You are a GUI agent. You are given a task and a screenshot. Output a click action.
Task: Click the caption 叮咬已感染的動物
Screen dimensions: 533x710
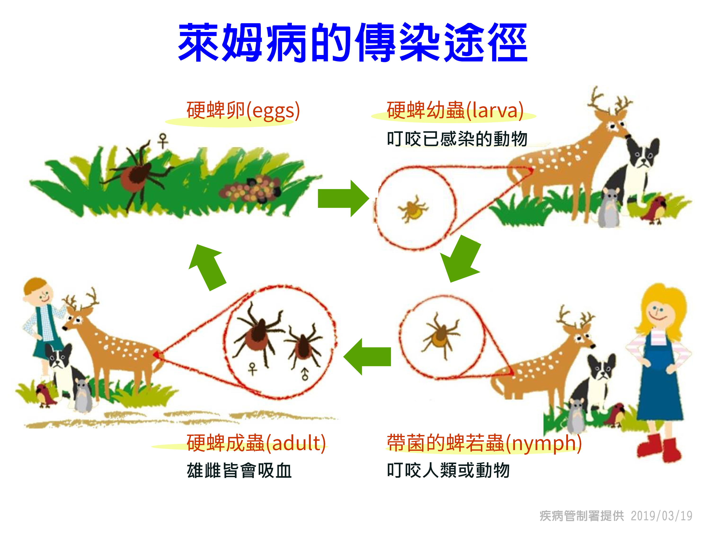click(457, 139)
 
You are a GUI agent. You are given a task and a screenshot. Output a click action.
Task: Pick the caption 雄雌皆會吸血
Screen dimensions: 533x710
click(239, 471)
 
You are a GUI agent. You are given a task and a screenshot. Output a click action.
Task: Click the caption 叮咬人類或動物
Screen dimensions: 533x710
click(448, 470)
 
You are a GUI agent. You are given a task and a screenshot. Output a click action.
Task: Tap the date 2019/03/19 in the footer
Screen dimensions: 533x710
click(661, 516)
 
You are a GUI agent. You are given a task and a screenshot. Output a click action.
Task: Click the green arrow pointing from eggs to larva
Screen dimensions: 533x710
click(343, 199)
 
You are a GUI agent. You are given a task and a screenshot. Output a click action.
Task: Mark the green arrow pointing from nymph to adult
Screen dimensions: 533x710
click(367, 357)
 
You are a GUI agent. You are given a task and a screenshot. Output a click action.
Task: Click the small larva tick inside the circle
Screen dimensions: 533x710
click(413, 208)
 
